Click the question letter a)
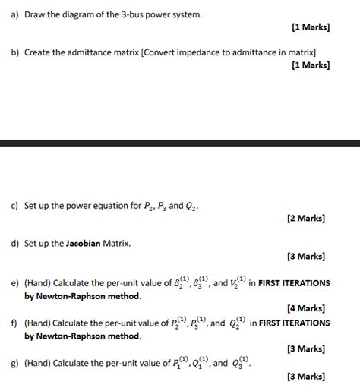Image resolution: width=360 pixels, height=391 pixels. [x=14, y=14]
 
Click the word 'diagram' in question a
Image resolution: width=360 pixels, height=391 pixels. [x=81, y=14]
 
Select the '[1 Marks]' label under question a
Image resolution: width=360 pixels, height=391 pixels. [x=310, y=27]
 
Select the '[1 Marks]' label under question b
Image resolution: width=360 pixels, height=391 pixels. [x=310, y=65]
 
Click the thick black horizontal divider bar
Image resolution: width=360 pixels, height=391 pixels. [x=180, y=143]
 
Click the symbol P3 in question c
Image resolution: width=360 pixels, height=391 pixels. [x=158, y=205]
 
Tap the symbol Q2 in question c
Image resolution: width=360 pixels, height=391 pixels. [x=193, y=205]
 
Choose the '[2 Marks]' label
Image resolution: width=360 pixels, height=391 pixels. [x=307, y=218]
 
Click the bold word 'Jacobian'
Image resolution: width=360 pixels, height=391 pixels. [x=90, y=243]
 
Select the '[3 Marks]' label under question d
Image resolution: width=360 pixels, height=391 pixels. [x=307, y=257]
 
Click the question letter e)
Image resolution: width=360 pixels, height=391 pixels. [x=14, y=283]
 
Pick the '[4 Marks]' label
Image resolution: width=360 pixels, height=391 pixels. [x=307, y=309]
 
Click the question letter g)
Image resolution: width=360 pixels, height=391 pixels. [x=14, y=363]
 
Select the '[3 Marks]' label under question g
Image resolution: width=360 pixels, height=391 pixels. [x=307, y=377]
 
